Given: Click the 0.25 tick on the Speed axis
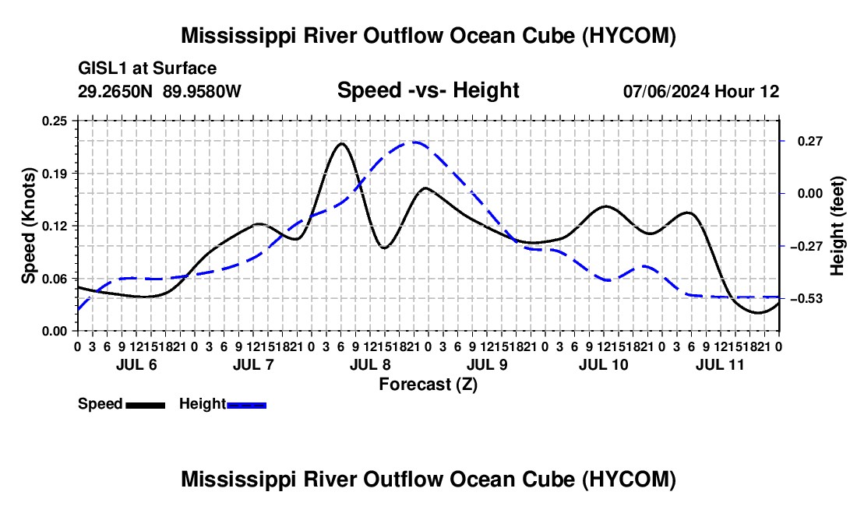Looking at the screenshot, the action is click(x=54, y=121).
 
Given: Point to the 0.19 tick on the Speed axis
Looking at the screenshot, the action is click(x=54, y=174).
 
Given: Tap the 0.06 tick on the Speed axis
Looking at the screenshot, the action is click(x=54, y=279).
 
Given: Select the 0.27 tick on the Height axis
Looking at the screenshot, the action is click(x=810, y=142).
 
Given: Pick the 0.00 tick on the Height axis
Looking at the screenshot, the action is click(x=810, y=194).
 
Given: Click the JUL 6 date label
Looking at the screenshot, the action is click(x=136, y=364).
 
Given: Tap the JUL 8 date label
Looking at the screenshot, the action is click(x=370, y=364).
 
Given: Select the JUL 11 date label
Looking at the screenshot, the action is click(x=720, y=364).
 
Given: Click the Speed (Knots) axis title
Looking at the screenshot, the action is click(x=28, y=226).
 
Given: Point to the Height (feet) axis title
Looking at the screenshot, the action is click(x=838, y=226).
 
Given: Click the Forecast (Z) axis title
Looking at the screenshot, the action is click(x=428, y=385).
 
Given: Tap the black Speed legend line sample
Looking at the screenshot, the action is click(x=146, y=406).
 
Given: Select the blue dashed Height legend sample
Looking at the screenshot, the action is click(x=246, y=406).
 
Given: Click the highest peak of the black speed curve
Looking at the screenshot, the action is click(x=341, y=143).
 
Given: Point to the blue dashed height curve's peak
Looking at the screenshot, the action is click(x=414, y=142).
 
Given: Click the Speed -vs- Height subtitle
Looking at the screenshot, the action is click(x=428, y=90).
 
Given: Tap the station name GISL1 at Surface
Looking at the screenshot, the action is click(x=147, y=69).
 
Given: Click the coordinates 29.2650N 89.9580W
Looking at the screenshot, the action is click(x=160, y=91).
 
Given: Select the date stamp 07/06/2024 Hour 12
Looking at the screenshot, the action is click(x=701, y=91).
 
